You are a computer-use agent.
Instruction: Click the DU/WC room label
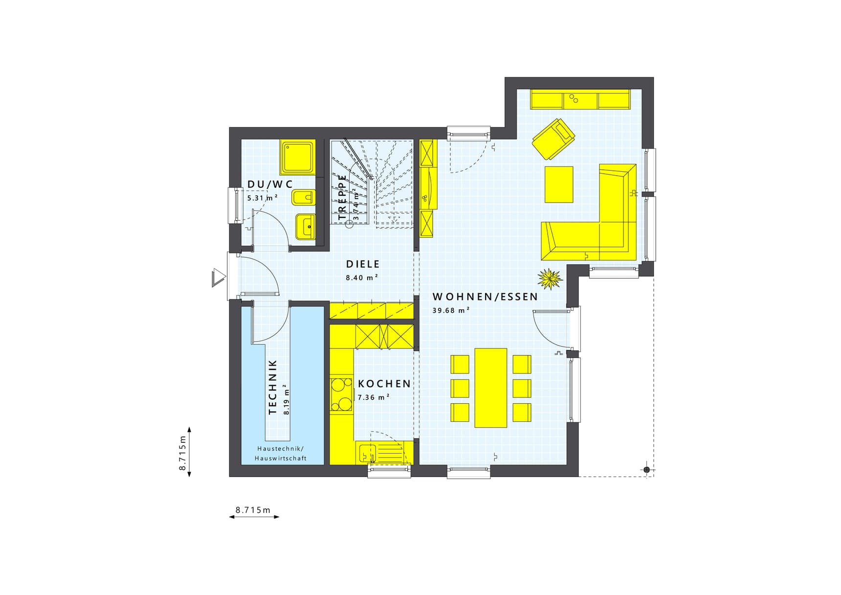270,184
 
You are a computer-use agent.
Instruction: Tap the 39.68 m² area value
451,310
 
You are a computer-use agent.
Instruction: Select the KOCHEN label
384,384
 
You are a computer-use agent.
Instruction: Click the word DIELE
363,264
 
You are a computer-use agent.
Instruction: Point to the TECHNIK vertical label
273,387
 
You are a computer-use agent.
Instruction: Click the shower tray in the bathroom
297,157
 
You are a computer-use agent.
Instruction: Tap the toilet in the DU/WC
303,198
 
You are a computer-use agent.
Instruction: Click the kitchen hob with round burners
341,394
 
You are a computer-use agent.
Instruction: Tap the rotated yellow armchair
553,138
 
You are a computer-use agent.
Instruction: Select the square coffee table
559,184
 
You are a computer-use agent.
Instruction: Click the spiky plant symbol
550,279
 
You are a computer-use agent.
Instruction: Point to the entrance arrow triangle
218,278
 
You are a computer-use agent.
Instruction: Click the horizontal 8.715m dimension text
253,510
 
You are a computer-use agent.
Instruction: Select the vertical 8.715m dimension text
183,453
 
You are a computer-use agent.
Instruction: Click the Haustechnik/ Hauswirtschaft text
281,454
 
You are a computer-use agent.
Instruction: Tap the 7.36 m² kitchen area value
374,397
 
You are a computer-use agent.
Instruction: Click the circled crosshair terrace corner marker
646,470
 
